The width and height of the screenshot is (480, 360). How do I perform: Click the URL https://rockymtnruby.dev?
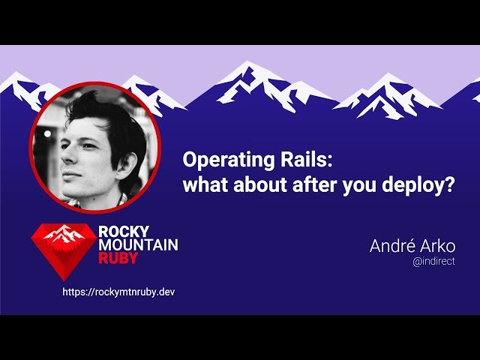[x=118, y=291]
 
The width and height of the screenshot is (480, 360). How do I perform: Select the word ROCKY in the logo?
[x=124, y=232]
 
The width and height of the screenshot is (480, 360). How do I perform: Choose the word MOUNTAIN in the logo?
[x=138, y=244]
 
